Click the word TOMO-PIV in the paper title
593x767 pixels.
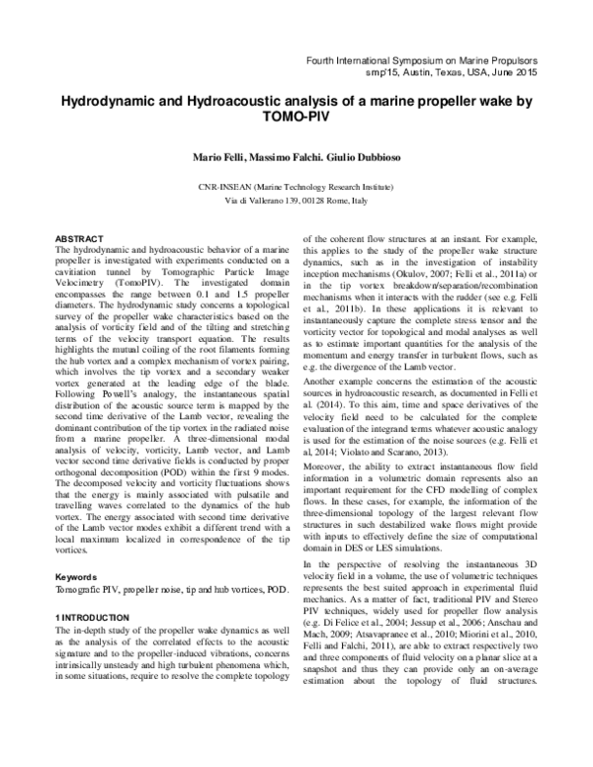pos(296,116)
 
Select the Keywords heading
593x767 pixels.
pos(76,575)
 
